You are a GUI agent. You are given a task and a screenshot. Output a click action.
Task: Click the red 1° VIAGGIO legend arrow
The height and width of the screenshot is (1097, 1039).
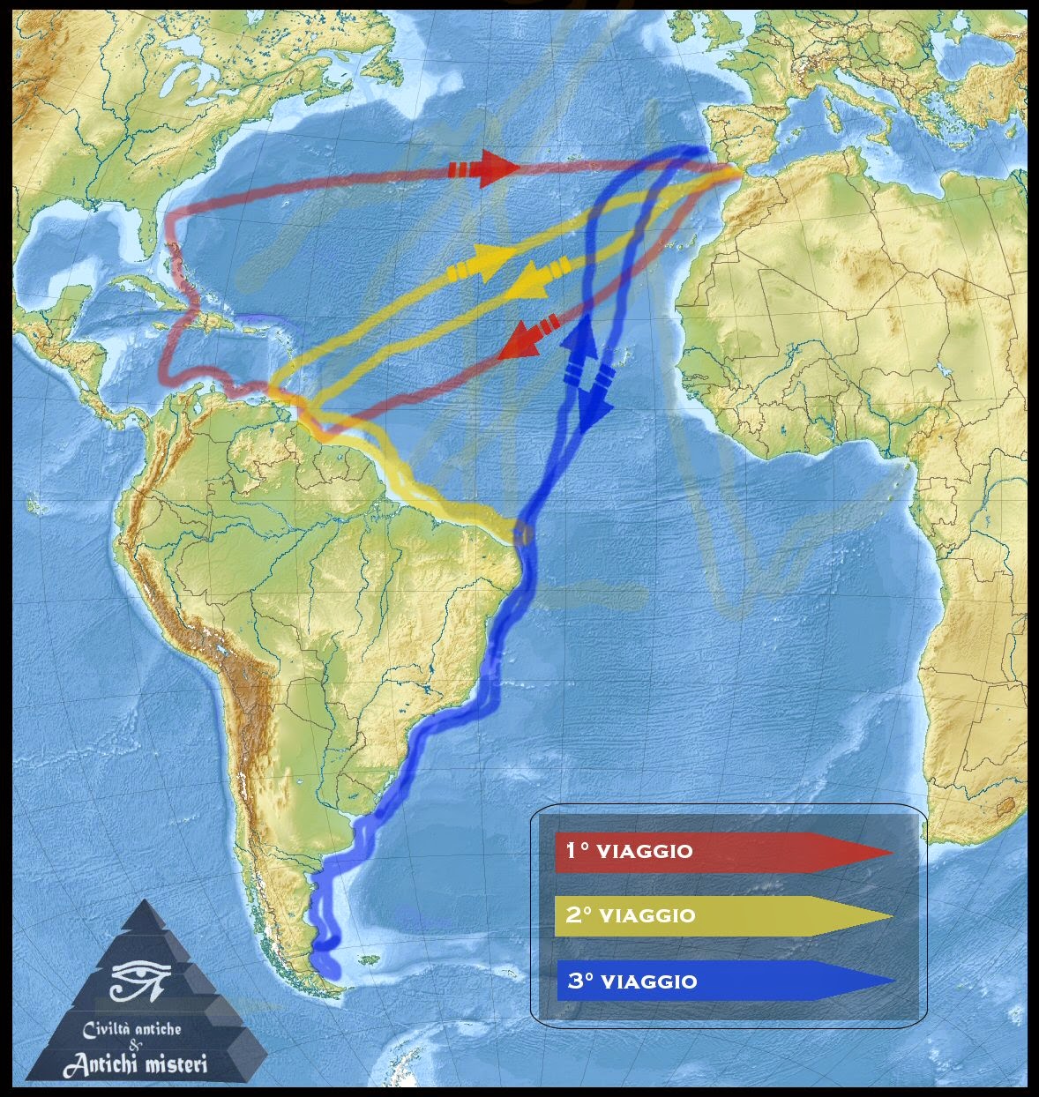point(723,851)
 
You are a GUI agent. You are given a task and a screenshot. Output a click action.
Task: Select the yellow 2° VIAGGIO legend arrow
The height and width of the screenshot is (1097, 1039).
point(723,915)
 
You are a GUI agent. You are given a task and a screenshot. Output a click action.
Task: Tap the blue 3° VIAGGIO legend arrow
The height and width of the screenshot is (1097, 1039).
point(723,981)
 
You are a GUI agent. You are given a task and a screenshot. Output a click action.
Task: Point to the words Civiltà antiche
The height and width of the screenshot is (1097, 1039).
point(132,1028)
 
